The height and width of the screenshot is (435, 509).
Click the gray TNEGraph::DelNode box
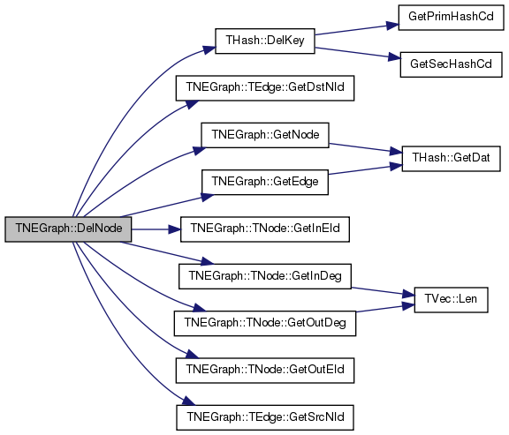(x=68, y=229)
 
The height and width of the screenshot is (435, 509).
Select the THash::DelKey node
(x=265, y=41)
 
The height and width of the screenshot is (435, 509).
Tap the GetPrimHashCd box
(x=451, y=18)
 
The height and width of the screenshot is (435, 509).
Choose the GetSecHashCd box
(x=451, y=64)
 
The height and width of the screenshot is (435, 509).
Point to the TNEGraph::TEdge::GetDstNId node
(x=265, y=88)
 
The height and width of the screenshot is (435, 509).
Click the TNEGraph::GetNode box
(x=265, y=135)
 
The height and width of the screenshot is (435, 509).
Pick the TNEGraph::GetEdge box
(x=265, y=182)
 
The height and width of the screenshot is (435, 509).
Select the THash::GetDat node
(x=451, y=159)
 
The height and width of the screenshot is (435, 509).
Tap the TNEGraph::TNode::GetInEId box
(x=265, y=229)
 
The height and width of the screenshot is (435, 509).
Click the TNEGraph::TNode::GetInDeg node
(x=265, y=276)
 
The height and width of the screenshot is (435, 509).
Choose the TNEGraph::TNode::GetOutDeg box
(x=265, y=323)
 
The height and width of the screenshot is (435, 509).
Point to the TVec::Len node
(x=451, y=300)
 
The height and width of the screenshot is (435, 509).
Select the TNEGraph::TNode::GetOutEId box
(x=265, y=371)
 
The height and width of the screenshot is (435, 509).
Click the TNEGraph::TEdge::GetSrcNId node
(x=265, y=417)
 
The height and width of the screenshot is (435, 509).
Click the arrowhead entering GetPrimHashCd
(x=392, y=26)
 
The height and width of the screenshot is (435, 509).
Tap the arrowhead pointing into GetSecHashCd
(x=394, y=57)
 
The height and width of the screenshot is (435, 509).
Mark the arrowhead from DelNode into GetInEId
(x=175, y=229)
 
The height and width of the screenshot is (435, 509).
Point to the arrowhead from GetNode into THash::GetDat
(x=396, y=152)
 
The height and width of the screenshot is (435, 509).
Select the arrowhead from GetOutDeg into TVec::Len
(x=408, y=305)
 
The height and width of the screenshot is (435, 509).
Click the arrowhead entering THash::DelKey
(x=209, y=50)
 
